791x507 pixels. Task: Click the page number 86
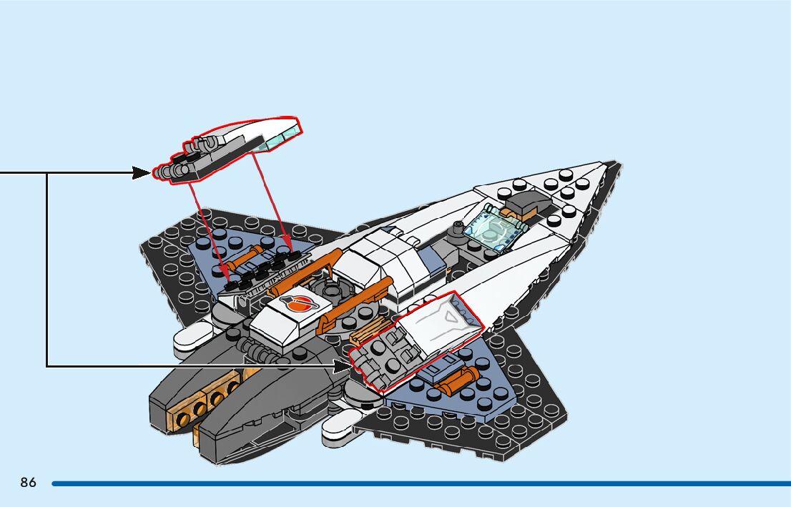click(x=28, y=483)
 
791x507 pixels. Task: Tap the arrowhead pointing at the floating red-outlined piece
click(x=142, y=172)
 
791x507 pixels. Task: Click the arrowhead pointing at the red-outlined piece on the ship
click(x=343, y=365)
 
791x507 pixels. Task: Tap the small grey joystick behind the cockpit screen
click(x=454, y=230)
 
